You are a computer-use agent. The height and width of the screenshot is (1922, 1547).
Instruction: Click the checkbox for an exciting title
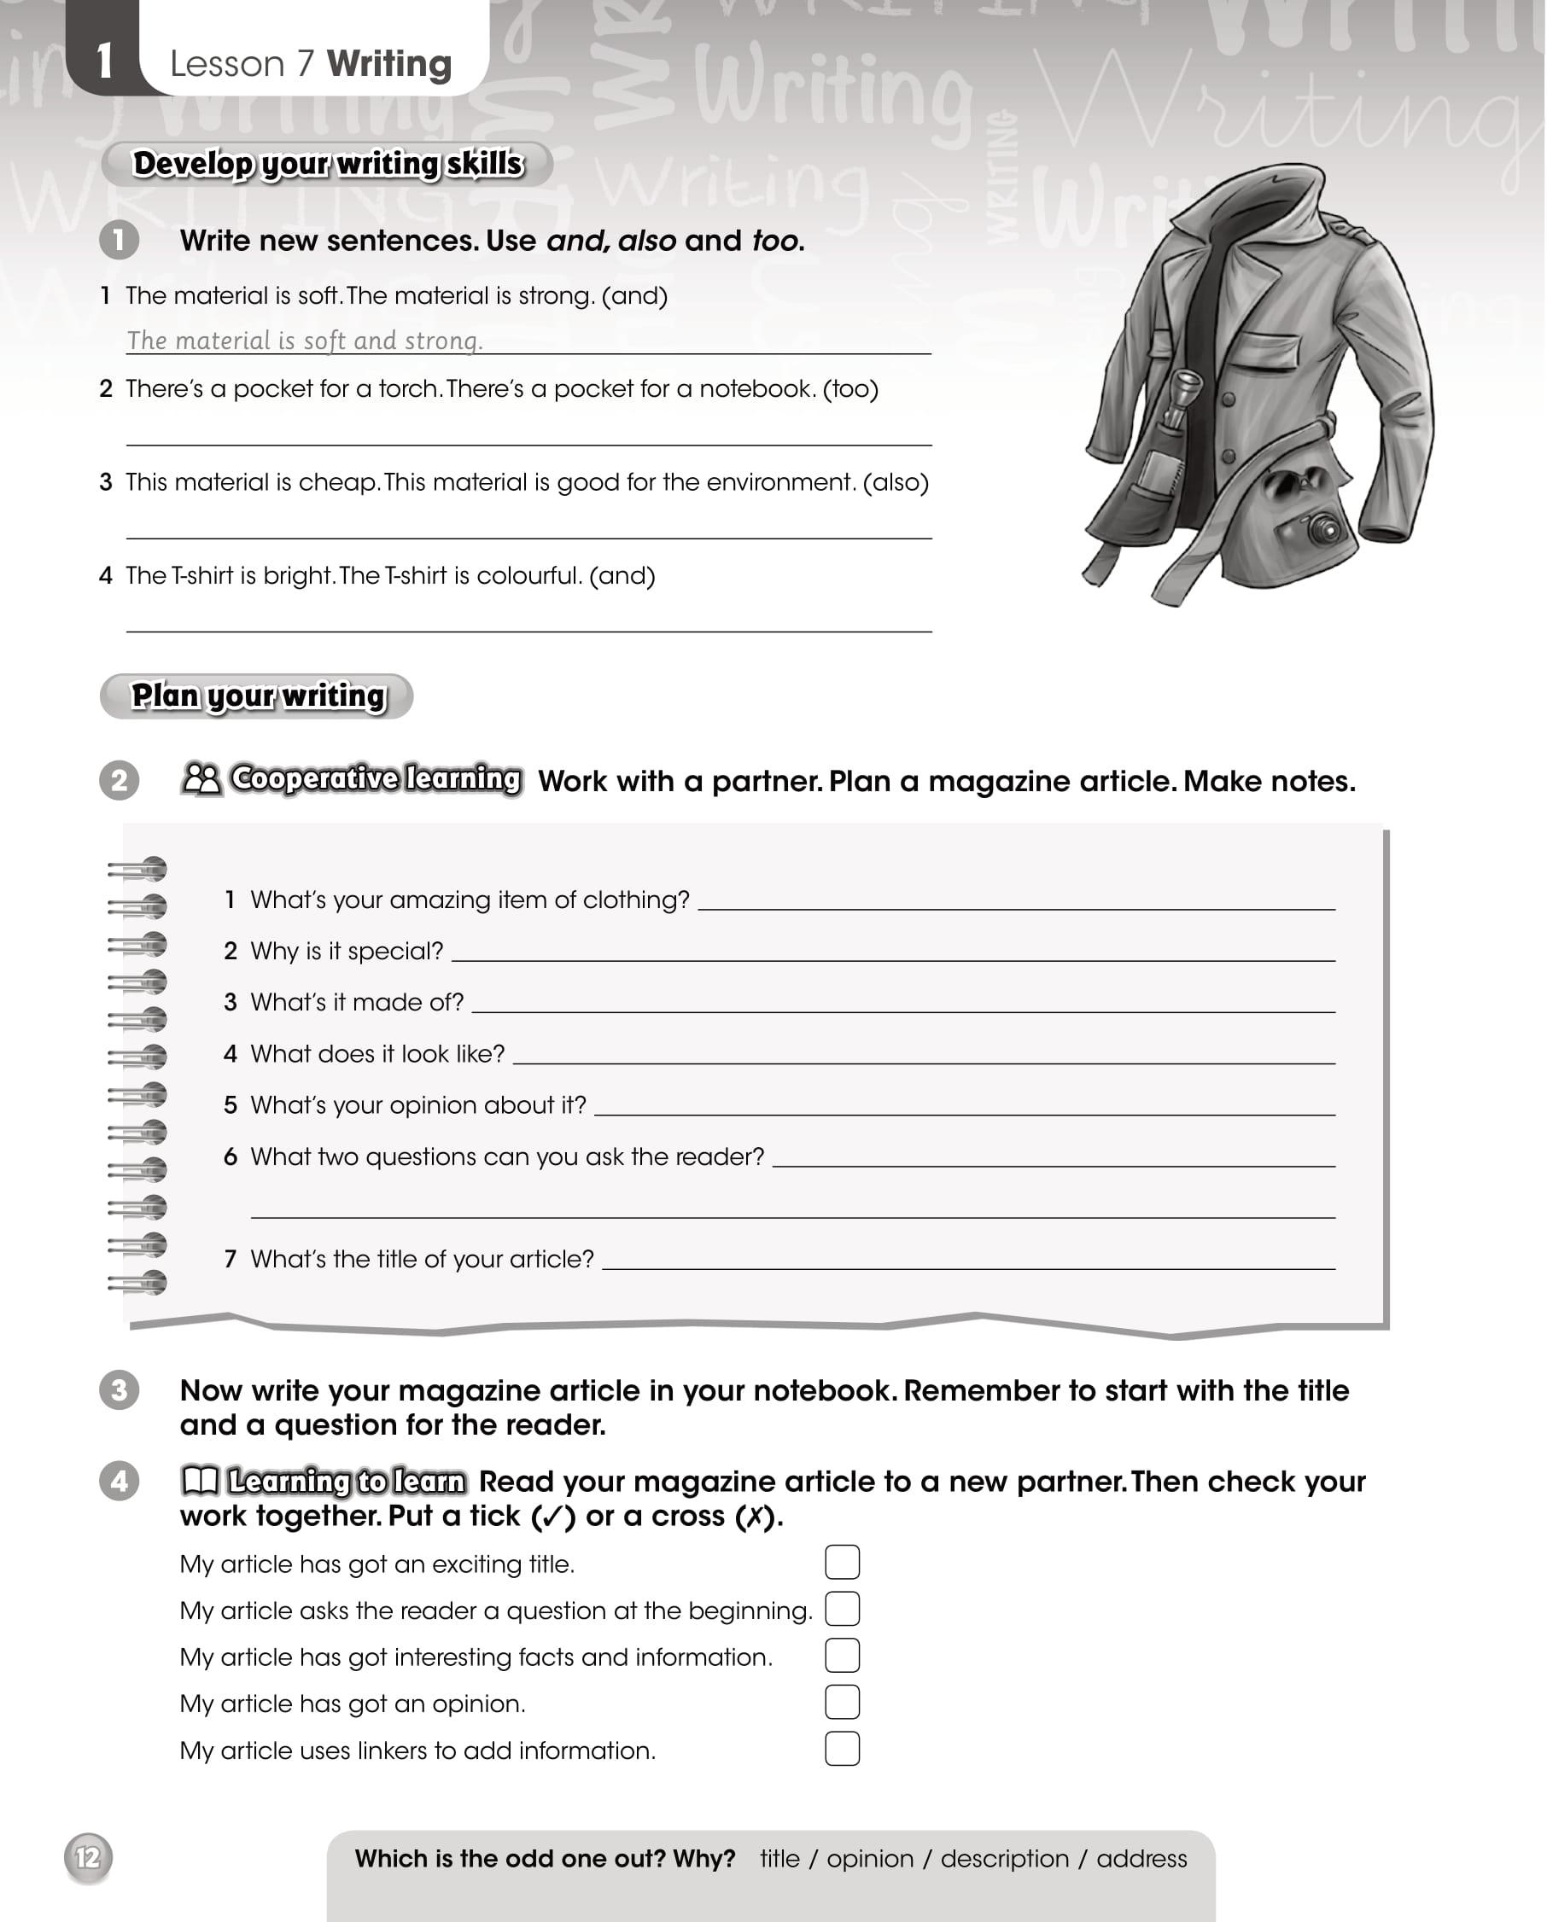pyautogui.click(x=842, y=1562)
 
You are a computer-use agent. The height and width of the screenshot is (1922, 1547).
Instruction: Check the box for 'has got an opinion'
pyautogui.click(x=842, y=1702)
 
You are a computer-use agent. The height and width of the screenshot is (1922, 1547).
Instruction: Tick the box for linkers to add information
pyautogui.click(x=842, y=1748)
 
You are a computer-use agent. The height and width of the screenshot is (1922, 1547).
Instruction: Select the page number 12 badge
pyautogui.click(x=87, y=1858)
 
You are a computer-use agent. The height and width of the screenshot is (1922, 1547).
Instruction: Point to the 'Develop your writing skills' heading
pyautogui.click(x=327, y=164)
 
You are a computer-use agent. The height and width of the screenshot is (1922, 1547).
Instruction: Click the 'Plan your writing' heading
pyautogui.click(x=258, y=696)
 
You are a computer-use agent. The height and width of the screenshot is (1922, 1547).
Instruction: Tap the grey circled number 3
pyautogui.click(x=119, y=1389)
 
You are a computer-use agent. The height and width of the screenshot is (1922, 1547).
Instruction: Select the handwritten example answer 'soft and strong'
pyautogui.click(x=304, y=340)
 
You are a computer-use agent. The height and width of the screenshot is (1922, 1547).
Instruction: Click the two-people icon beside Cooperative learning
pyautogui.click(x=201, y=779)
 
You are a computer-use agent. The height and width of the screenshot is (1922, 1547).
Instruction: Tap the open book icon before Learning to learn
pyautogui.click(x=200, y=1481)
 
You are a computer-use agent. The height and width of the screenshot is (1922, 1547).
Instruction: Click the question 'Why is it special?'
pyautogui.click(x=346, y=952)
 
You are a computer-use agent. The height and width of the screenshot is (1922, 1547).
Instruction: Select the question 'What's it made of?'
pyautogui.click(x=357, y=1002)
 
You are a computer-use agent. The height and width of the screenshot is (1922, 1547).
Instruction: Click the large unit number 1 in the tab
pyautogui.click(x=104, y=62)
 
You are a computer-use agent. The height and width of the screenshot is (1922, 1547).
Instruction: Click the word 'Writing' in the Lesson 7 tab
pyautogui.click(x=388, y=64)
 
